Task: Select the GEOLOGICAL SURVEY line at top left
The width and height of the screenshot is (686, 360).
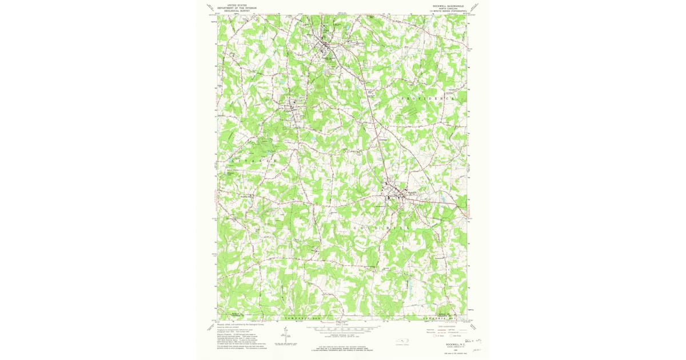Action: [240, 10]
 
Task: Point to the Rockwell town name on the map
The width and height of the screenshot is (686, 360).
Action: [413, 193]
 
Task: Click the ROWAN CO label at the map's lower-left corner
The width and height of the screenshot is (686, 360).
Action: [236, 314]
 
